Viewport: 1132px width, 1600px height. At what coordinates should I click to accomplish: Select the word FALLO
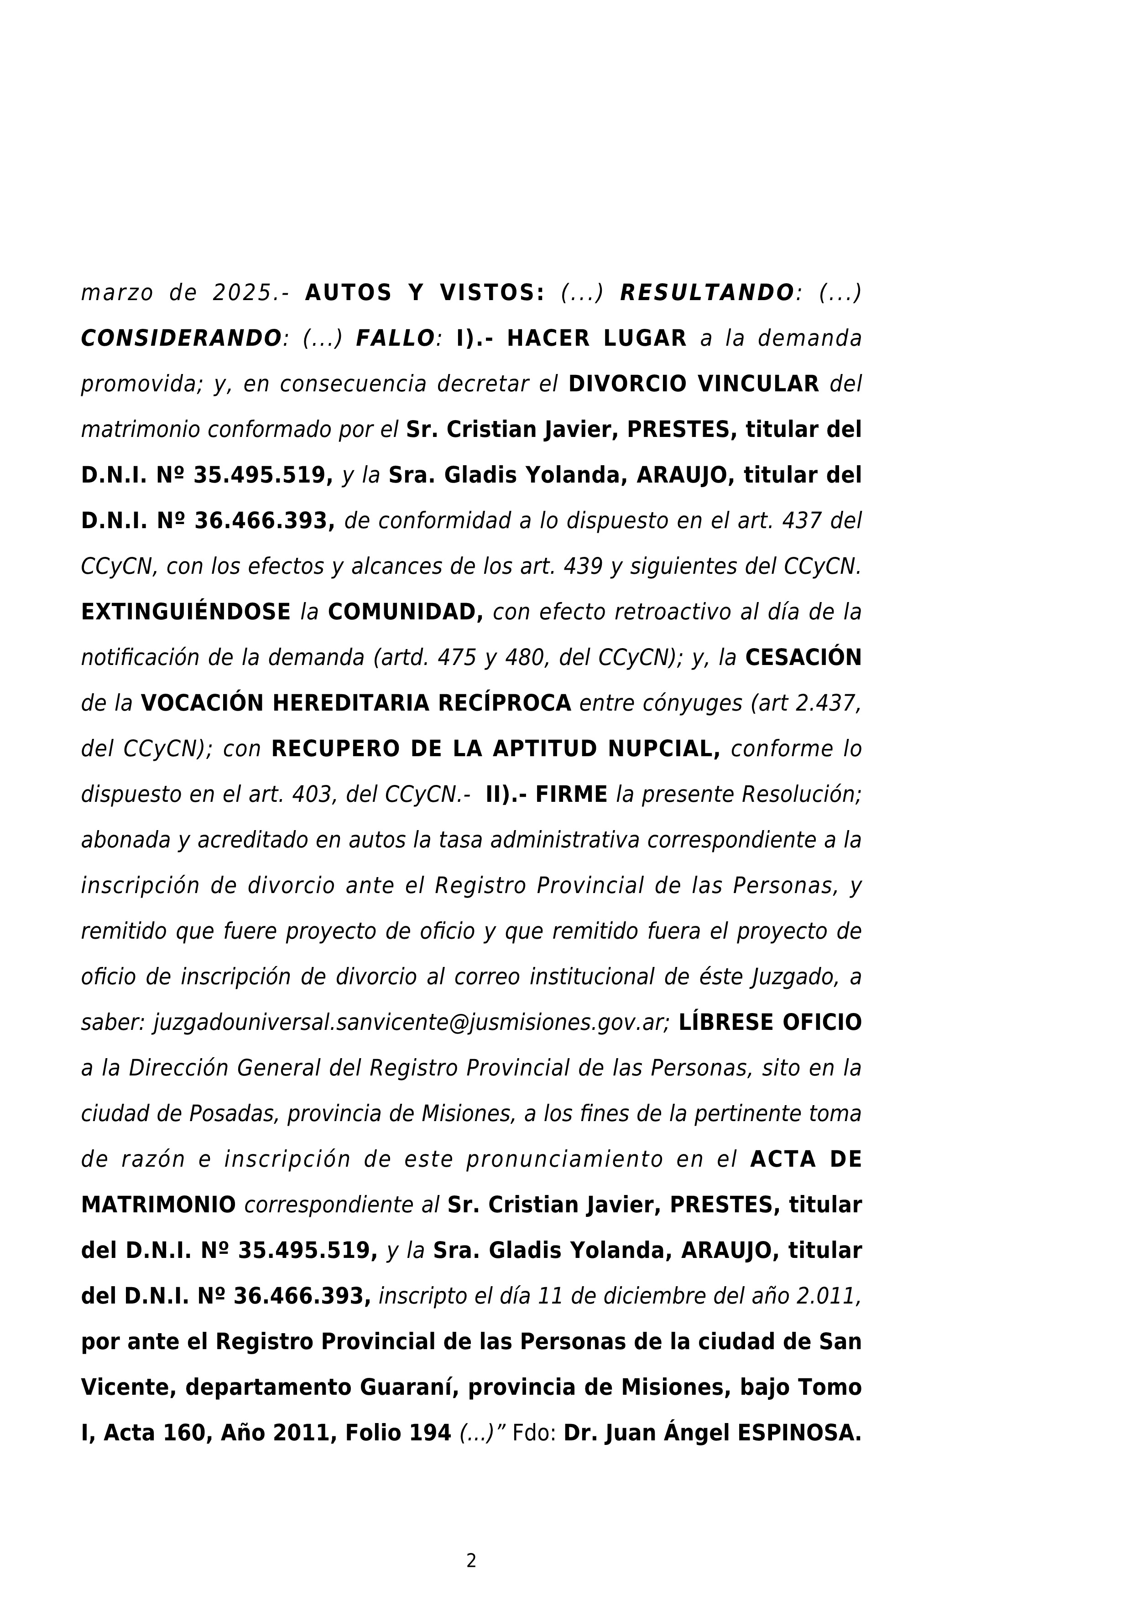pyautogui.click(x=395, y=339)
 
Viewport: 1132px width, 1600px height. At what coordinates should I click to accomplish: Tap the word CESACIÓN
pyautogui.click(x=803, y=658)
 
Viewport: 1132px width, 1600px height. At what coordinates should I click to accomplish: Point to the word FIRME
pyautogui.click(x=572, y=795)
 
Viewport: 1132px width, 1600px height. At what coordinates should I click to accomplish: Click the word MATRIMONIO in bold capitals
pyautogui.click(x=158, y=1205)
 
